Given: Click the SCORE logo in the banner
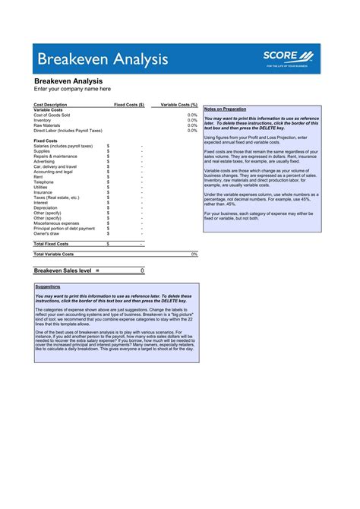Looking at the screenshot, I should pos(288,56).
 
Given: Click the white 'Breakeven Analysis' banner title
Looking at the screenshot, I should pos(89,58).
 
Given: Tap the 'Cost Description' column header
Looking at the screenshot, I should pos(50,104).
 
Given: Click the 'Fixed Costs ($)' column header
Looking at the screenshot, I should pos(129,104).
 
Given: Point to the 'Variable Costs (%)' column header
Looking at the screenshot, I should pos(179,104).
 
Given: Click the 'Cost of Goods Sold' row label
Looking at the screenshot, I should pos(52,115).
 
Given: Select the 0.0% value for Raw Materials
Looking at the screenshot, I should pos(192,125).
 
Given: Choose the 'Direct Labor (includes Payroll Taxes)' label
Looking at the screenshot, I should pos(68,130).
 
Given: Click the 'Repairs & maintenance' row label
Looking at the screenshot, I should pos(55,156).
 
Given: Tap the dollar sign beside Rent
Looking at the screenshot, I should pos(108,177).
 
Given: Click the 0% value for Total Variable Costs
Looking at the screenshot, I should pos(194,254).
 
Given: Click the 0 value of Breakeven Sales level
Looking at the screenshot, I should pos(142,270).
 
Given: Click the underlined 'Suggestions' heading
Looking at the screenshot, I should pos(48,286).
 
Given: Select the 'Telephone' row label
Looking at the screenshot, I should pos(43,182).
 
